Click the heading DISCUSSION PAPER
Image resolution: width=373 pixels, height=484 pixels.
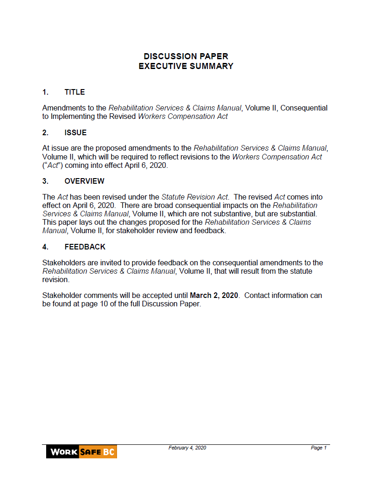click(186, 56)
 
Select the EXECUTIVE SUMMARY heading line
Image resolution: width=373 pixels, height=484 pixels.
click(186, 66)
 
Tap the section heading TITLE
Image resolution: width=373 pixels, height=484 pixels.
click(75, 92)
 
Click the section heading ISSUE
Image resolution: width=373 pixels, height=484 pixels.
click(76, 133)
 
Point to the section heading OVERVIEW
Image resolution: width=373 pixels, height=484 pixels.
click(84, 181)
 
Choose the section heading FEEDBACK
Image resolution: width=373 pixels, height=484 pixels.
click(85, 247)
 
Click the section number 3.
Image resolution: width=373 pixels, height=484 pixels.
click(45, 181)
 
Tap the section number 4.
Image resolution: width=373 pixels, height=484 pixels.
click(45, 247)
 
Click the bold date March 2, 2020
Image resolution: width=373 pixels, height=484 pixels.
click(214, 296)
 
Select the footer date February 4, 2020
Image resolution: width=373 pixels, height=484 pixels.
click(187, 448)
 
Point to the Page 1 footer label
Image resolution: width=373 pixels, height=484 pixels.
click(319, 448)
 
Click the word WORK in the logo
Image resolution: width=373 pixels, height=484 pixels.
click(63, 452)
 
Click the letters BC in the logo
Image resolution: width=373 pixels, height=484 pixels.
click(109, 452)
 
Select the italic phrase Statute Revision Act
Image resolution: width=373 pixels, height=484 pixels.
click(195, 197)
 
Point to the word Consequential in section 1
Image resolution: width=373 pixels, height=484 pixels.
click(304, 108)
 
